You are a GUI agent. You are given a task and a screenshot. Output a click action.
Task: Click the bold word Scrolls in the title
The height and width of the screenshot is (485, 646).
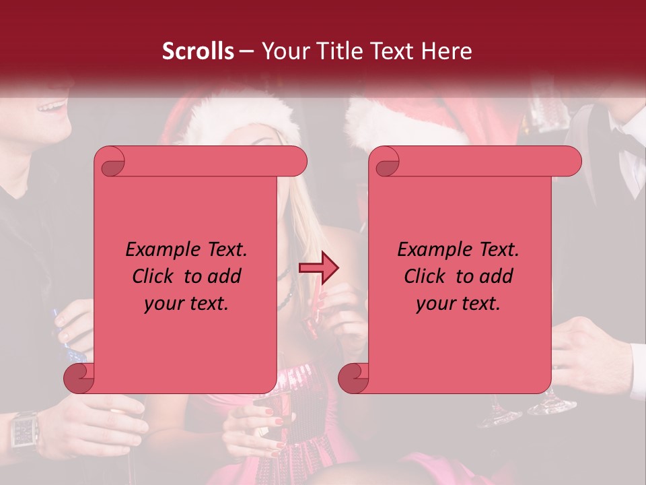[x=199, y=51]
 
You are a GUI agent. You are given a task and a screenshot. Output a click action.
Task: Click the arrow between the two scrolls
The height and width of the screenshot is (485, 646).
[x=319, y=269]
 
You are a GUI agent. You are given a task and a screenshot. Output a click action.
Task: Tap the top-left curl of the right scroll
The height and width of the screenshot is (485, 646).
[x=386, y=162]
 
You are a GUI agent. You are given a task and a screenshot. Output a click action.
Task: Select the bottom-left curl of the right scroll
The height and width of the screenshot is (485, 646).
[x=354, y=379]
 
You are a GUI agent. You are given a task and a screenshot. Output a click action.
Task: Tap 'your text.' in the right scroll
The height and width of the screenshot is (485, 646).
[x=458, y=303]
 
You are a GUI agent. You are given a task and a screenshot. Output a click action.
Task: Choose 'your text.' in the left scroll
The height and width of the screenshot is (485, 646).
[x=186, y=303]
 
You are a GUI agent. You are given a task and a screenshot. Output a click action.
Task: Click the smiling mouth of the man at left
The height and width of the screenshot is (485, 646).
[x=52, y=106]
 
